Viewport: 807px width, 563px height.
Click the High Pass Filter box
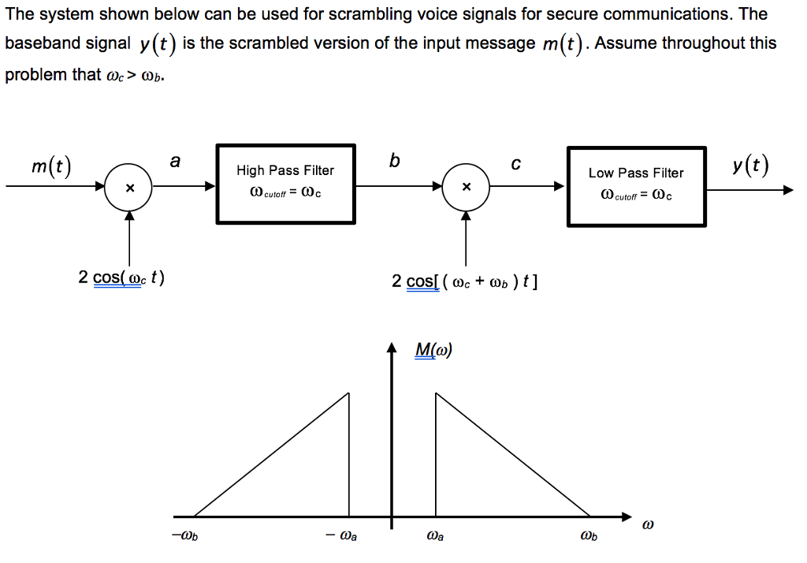[285, 184]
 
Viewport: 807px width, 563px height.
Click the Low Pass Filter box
[636, 186]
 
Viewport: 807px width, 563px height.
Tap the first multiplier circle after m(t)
[129, 188]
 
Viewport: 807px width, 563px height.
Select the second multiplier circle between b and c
[467, 187]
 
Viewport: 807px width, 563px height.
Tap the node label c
[515, 164]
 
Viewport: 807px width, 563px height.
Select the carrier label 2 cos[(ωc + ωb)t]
[465, 281]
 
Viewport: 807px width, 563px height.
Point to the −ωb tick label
[180, 537]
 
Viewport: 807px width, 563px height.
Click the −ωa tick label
[344, 537]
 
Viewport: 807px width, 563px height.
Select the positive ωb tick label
[588, 537]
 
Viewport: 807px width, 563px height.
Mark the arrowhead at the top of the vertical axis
[391, 349]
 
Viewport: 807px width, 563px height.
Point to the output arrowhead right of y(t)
[787, 189]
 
